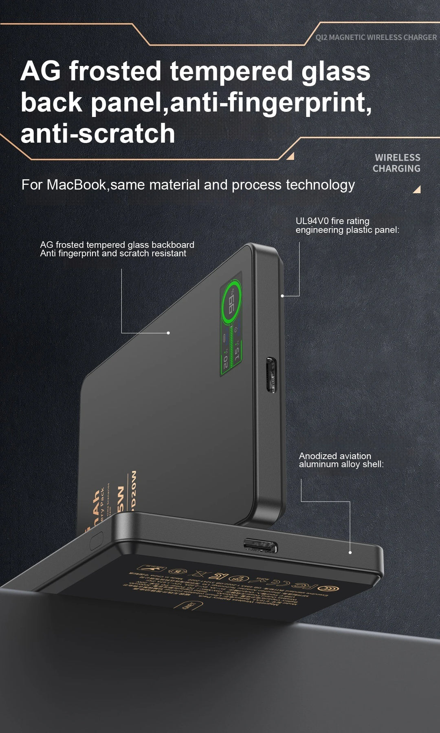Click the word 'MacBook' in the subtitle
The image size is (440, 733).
pos(76,185)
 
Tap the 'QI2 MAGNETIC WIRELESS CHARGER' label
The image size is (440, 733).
pos(376,37)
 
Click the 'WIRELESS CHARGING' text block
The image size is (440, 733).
pos(396,163)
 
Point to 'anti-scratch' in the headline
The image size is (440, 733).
pos(98,134)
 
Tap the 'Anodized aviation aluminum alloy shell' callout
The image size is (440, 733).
pos(341,460)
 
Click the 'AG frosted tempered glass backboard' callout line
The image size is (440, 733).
pos(117,245)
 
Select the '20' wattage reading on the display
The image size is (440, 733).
pos(225,362)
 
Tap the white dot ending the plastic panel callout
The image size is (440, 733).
pos(282,295)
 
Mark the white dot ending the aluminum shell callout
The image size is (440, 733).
pos(350,553)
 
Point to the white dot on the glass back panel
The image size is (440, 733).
pos(168,333)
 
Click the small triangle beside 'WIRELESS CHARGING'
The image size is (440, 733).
pos(416,189)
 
